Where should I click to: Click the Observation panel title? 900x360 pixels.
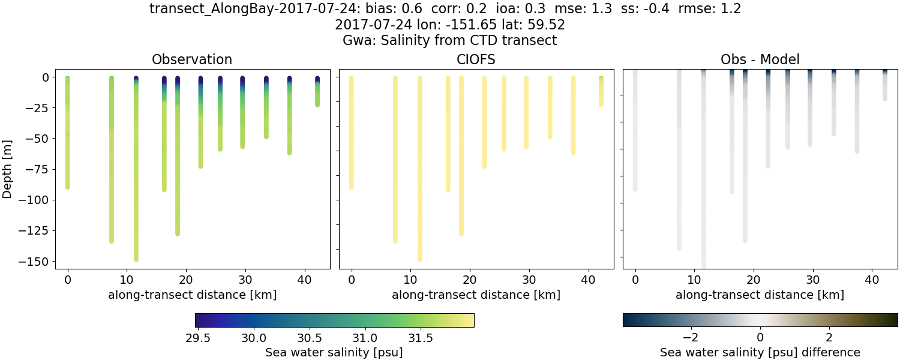[x=192, y=59]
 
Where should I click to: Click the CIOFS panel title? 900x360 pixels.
[x=476, y=59]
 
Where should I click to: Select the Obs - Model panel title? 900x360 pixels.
[x=760, y=59]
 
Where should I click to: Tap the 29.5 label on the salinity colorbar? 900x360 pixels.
[x=198, y=338]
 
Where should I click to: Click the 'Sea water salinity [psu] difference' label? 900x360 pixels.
[x=760, y=352]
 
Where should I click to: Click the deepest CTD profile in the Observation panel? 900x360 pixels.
[x=136, y=180]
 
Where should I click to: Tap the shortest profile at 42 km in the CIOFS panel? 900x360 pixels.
[x=601, y=93]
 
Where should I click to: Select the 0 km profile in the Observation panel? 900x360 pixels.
[x=68, y=132]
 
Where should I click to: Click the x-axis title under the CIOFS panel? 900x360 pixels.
[x=476, y=295]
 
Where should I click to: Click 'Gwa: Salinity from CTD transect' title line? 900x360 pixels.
[x=449, y=41]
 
